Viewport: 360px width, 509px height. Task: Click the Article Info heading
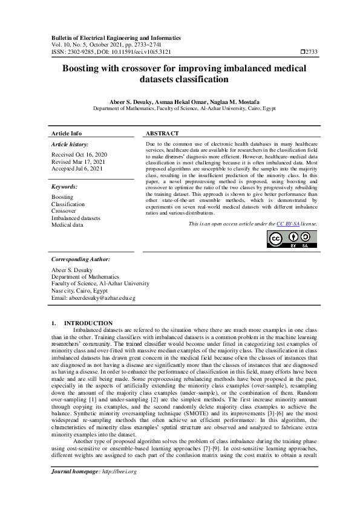tap(67, 133)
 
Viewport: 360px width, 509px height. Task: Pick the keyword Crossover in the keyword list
tap(64, 211)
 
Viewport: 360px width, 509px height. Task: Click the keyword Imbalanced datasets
tap(76, 218)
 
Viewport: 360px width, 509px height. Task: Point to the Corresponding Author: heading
tap(80, 259)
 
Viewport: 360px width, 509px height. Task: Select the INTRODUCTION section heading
tap(88, 323)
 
